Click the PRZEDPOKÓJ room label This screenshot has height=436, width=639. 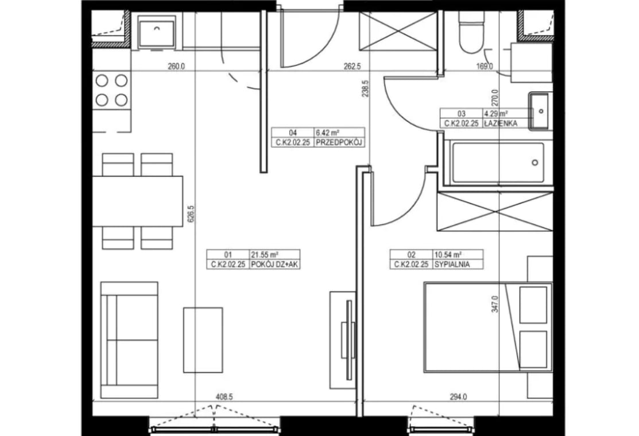coord(339,142)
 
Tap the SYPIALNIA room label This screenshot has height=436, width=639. coord(452,264)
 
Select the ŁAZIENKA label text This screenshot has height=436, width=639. coord(501,123)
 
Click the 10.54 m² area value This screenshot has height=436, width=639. coord(448,255)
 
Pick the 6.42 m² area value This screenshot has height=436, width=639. coord(328,133)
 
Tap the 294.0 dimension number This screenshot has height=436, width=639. coord(458,397)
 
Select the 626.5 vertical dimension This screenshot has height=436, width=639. coord(191,213)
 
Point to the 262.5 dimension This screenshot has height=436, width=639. coord(352,66)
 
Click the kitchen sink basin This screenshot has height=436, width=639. coord(157,33)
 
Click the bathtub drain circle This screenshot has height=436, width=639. coord(535,163)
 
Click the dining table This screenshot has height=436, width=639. coord(137,201)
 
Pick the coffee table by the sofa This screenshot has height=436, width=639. coord(203,340)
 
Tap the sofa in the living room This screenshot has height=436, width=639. coord(129,340)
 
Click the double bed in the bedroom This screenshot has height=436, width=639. coord(489,328)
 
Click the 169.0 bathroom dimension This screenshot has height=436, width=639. coord(485,66)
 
